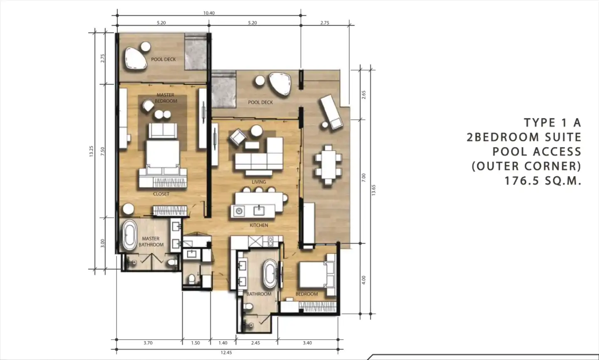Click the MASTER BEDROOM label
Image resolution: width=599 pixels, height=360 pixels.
166,98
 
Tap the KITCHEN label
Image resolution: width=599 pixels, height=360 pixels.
259,225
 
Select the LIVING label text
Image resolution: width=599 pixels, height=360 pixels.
259,182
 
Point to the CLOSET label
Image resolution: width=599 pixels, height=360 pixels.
161,194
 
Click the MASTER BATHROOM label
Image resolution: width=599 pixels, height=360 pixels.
151,242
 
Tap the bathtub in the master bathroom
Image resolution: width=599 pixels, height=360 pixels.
129,235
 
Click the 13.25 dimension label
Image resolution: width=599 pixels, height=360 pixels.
92,151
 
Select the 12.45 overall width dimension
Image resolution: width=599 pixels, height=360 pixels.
226,353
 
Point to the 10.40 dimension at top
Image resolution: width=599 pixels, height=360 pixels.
209,13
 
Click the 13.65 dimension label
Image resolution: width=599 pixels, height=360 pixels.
374,190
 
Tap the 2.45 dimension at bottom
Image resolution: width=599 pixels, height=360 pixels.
256,343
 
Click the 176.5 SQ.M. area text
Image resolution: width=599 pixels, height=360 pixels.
543,181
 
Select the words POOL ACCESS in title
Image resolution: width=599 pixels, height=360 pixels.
537,152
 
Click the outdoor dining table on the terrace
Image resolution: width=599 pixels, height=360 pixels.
328,165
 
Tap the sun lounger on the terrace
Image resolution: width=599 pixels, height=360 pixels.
332,112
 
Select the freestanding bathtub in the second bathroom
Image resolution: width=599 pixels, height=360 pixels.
270,274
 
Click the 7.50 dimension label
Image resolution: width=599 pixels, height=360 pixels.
102,151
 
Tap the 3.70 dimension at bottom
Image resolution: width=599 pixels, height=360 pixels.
148,343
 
